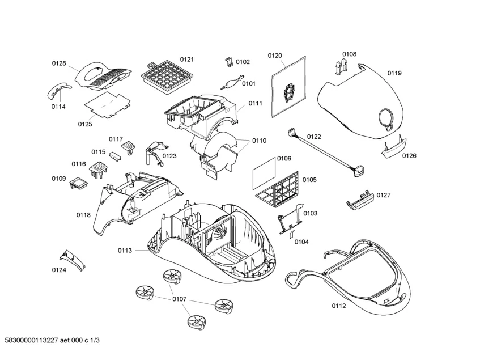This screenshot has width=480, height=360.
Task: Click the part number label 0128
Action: pyautogui.click(x=59, y=63)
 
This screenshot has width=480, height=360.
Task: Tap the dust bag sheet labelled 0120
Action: pyautogui.click(x=288, y=87)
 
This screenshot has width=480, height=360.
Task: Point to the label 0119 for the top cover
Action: pyautogui.click(x=394, y=73)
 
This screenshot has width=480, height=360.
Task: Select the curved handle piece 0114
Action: pyautogui.click(x=60, y=90)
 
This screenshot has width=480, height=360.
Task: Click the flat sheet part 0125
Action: pyautogui.click(x=107, y=105)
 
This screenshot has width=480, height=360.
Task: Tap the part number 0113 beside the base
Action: pyautogui.click(x=125, y=250)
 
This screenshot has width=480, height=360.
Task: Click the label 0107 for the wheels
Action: pyautogui.click(x=180, y=298)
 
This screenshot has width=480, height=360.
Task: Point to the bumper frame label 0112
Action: pyautogui.click(x=339, y=306)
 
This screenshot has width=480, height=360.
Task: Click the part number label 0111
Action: pyautogui.click(x=255, y=104)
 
